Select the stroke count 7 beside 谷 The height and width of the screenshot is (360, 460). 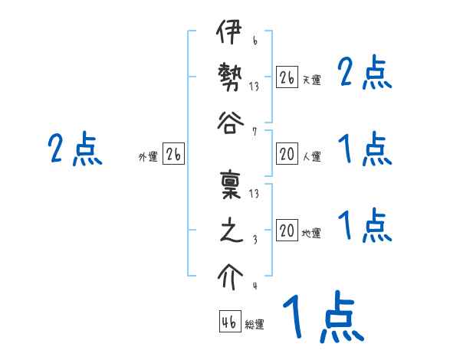point(255,130)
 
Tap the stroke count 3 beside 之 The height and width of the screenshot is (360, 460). point(255,239)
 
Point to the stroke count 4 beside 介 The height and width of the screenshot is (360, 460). point(255,286)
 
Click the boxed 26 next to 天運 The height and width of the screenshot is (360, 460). point(287,77)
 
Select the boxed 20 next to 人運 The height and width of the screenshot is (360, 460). point(287,154)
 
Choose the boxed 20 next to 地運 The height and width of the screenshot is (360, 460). point(287,231)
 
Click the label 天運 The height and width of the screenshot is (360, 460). point(312,80)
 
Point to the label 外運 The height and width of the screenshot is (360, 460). point(148,156)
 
